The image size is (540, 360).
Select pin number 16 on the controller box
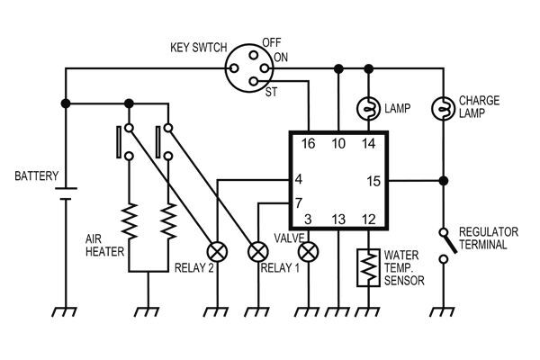point(308,144)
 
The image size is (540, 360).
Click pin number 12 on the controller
point(368,220)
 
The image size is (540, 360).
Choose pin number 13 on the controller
point(338,220)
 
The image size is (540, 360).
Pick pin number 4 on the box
point(298,178)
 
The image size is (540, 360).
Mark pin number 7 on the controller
point(298,202)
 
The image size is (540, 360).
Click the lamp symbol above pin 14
point(369,107)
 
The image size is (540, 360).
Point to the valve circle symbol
point(309,250)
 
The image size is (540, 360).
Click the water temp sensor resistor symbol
point(368,266)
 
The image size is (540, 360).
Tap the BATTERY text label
point(36,175)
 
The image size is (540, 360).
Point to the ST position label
point(271,91)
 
